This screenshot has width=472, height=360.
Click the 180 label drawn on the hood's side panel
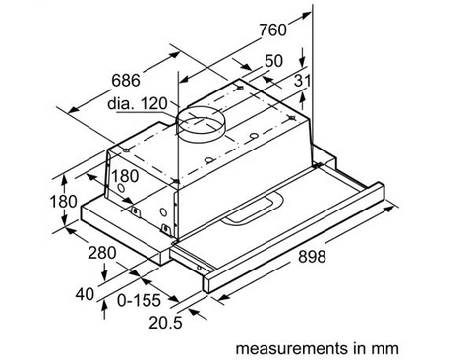[x=124, y=175]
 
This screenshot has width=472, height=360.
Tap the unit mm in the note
[x=389, y=347]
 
